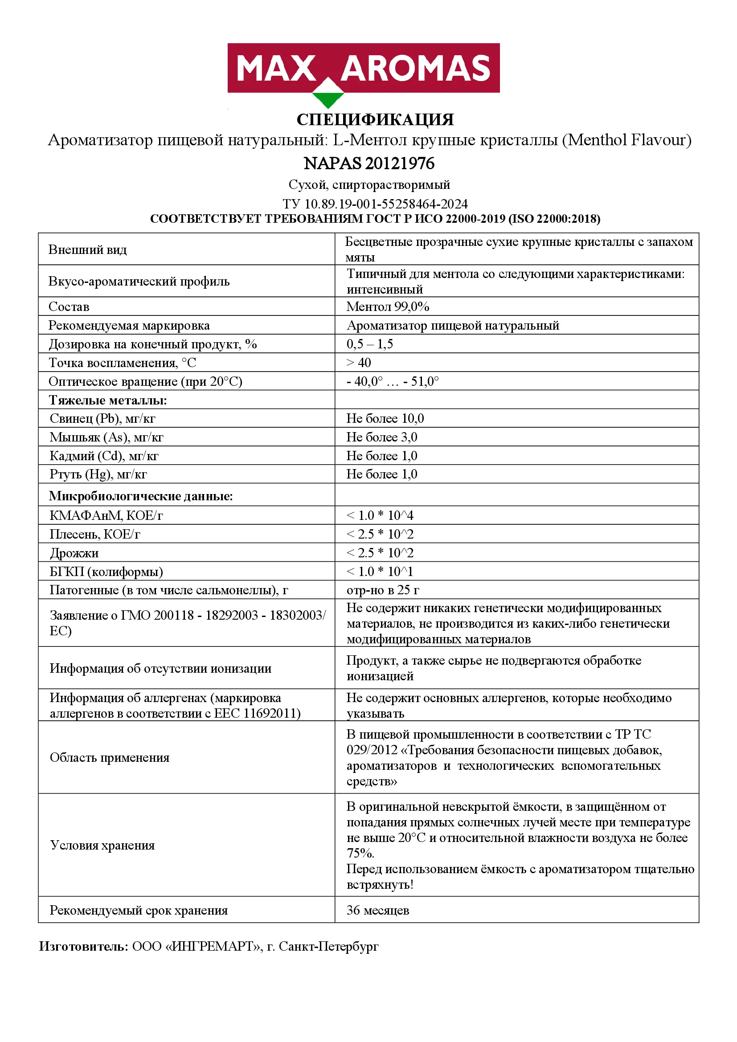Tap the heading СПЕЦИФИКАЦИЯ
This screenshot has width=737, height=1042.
click(x=375, y=120)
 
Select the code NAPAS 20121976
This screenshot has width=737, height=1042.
click(x=369, y=163)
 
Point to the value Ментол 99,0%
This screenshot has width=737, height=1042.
click(x=388, y=307)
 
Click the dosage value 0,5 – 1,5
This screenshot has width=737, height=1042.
click(x=369, y=344)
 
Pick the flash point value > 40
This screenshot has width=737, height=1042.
click(x=359, y=363)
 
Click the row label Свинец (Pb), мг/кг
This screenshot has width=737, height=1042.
click(x=102, y=418)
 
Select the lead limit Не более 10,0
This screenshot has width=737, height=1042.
click(x=385, y=418)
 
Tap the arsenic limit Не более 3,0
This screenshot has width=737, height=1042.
click(x=382, y=437)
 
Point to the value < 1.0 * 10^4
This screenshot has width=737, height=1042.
click(x=380, y=515)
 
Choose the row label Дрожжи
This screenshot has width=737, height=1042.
click(x=74, y=553)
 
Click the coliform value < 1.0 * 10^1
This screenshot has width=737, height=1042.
click(x=380, y=572)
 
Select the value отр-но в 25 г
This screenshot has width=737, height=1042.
click(x=383, y=590)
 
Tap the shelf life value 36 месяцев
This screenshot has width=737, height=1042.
click(x=377, y=911)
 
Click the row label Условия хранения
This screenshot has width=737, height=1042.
click(x=102, y=845)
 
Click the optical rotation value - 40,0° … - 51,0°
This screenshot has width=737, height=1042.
click(x=392, y=381)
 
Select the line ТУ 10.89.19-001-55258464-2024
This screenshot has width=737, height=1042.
click(x=375, y=204)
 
